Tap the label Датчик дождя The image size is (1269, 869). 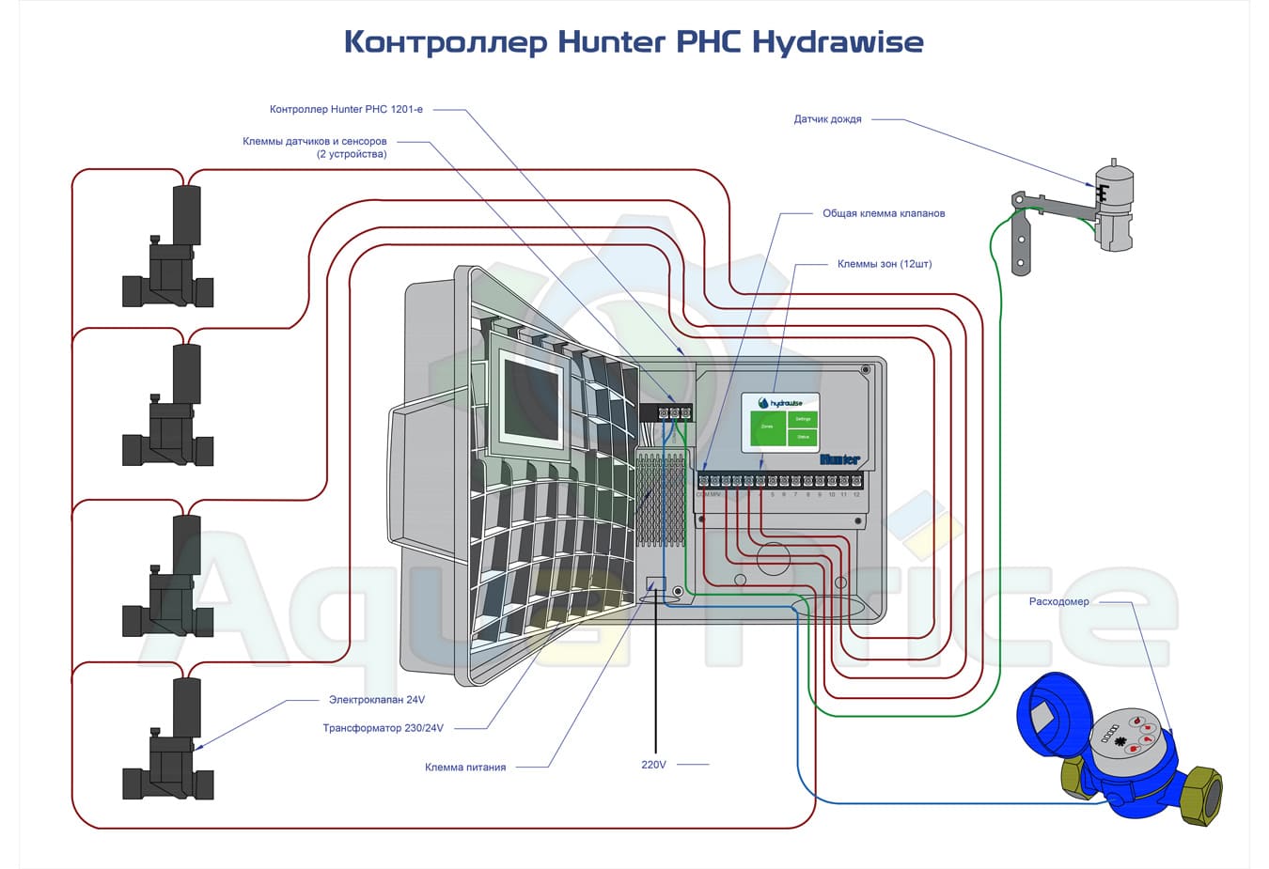click(827, 119)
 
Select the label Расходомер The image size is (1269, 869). click(1058, 601)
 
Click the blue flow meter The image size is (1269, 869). click(1119, 747)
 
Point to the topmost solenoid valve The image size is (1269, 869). click(169, 249)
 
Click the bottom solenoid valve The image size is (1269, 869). click(169, 742)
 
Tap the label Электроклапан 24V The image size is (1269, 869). click(376, 700)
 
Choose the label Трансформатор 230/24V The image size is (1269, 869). click(383, 728)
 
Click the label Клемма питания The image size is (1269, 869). click(465, 768)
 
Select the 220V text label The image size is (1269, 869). click(653, 765)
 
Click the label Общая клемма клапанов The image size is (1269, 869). click(884, 213)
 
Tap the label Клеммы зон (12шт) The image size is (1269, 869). click(885, 264)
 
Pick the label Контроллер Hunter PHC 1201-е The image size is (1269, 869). click(346, 109)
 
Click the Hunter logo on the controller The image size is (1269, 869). click(839, 459)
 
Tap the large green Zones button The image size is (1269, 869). click(767, 428)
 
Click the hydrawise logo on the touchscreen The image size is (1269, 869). click(780, 403)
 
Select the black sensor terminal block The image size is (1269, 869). click(666, 412)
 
